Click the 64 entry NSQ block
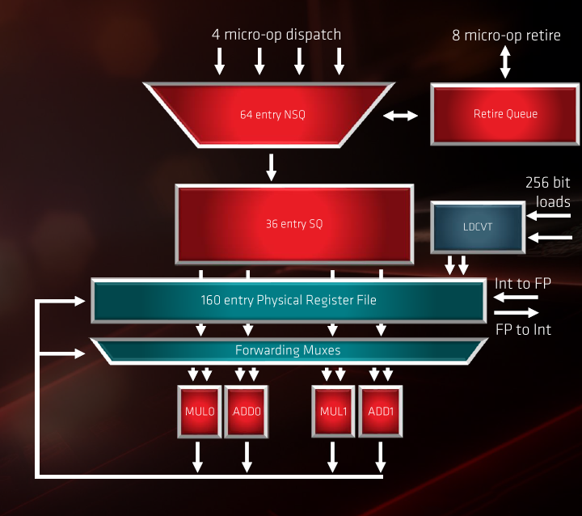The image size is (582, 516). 272,114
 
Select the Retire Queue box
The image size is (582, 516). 505,114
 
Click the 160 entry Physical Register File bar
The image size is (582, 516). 289,300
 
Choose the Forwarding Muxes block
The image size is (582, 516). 288,350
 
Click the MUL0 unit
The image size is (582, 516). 199,411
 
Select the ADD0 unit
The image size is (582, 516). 246,411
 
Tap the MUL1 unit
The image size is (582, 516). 333,411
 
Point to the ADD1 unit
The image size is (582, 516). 380,411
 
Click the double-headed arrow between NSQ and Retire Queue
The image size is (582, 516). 400,116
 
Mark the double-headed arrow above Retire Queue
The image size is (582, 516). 505,61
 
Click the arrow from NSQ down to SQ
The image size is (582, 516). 272,166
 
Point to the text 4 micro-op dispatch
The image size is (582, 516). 276,35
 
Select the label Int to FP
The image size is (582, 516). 523,283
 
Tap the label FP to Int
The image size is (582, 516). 523,329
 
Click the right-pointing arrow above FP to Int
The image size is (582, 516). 517,312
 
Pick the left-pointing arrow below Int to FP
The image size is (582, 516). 517,297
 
